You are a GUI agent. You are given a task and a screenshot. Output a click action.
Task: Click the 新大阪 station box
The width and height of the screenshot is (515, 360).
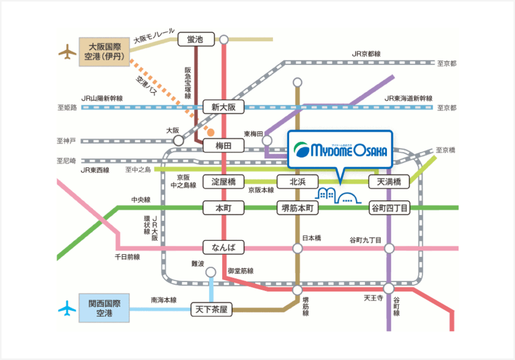pos(223,107)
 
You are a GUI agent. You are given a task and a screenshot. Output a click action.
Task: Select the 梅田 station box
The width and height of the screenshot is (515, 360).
pos(223,146)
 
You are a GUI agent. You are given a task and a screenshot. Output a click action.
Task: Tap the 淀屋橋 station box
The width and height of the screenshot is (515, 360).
pos(223,182)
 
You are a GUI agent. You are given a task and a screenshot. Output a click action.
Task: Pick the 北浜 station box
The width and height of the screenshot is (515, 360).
pos(297,182)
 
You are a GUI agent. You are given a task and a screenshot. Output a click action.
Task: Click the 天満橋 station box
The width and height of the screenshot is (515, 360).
pos(388,182)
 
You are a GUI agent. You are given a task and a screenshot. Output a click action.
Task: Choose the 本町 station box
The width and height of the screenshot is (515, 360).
pos(223,208)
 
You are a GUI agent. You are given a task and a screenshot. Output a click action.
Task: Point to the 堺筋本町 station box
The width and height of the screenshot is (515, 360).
pos(297,208)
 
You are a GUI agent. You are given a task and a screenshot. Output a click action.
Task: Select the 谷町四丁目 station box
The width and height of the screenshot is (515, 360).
pos(388,208)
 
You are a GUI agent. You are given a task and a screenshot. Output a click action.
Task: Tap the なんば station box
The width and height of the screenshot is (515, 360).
pos(223,247)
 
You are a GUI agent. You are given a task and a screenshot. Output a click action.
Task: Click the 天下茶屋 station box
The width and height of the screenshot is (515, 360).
pos(211,310)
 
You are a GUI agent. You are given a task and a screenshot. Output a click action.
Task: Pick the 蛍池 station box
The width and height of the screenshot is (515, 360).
pos(195,40)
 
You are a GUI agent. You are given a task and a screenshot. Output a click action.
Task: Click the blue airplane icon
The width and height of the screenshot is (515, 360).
pos(66,308)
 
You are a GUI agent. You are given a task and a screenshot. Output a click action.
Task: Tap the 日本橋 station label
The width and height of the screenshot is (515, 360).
pos(312,238)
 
